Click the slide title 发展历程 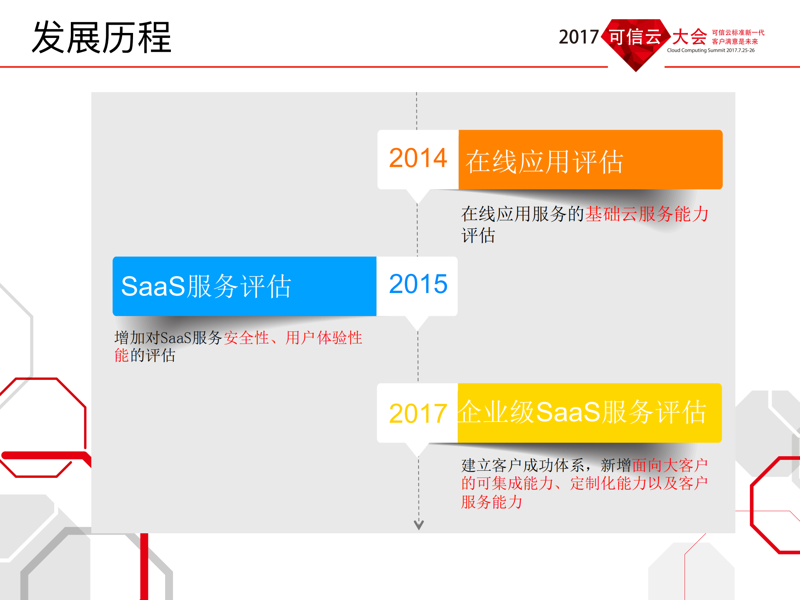point(102,38)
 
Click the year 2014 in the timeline point(418,158)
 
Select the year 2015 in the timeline point(418,284)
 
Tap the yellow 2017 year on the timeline point(418,414)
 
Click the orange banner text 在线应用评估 point(544,162)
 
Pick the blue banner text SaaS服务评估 point(206,286)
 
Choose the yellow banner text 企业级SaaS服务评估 point(582,412)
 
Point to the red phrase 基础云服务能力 point(647,214)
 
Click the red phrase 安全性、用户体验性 point(293,338)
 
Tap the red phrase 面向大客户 point(670,465)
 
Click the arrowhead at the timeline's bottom point(419,525)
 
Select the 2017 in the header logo point(578,38)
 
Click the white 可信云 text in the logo point(635,37)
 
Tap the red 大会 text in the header point(689,37)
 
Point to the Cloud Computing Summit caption point(710,50)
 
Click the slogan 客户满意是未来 point(735,42)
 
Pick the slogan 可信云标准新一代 point(738,33)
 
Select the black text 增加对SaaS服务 point(168,338)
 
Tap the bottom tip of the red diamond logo point(636,71)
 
